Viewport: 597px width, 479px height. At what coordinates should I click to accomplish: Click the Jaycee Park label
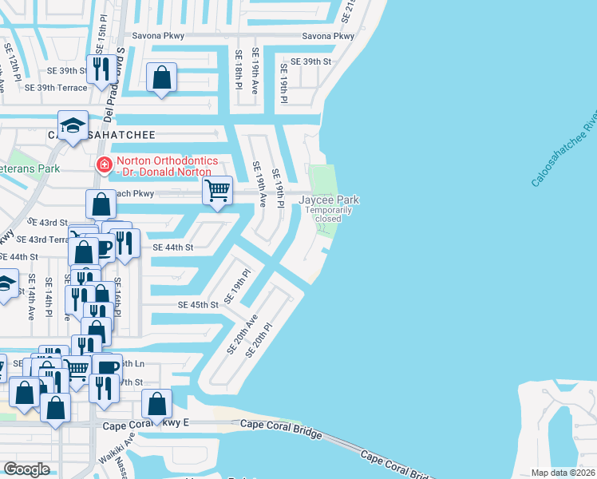click(x=329, y=200)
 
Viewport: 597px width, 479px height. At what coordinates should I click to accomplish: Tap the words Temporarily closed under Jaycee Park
click(x=327, y=214)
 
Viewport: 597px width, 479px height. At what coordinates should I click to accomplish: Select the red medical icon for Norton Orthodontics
click(x=103, y=165)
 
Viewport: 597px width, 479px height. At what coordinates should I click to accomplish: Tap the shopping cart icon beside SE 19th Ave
click(x=217, y=190)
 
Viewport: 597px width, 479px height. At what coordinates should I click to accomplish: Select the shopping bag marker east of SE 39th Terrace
click(x=162, y=77)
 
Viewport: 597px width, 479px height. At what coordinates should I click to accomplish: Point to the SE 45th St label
click(x=198, y=305)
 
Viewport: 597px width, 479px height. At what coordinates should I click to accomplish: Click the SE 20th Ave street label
click(x=243, y=334)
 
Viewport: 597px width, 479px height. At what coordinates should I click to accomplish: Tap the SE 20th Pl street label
click(x=261, y=340)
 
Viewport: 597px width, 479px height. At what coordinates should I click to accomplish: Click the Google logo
click(x=26, y=469)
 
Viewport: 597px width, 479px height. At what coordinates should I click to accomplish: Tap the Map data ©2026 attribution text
click(x=563, y=473)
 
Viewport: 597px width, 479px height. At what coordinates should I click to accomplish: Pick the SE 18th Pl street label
click(x=239, y=69)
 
